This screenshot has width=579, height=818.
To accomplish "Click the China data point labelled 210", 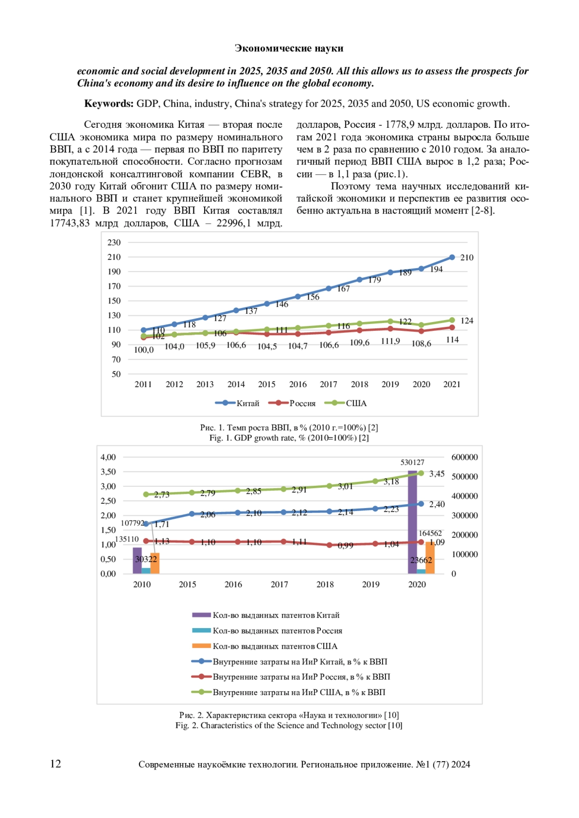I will tap(452, 257).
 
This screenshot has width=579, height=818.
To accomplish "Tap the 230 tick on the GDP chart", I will tap(114, 242).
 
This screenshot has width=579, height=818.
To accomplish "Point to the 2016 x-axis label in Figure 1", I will tap(298, 384).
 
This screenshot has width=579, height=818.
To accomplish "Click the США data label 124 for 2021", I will tap(467, 321).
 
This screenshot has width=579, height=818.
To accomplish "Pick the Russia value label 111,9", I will tap(390, 341).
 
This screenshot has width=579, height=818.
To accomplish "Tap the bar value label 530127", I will tap(413, 462).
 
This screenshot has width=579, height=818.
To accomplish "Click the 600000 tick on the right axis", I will tap(465, 457).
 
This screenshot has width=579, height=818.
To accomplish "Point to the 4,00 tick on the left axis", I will tap(108, 457).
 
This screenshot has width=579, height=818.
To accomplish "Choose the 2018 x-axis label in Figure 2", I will tap(325, 585).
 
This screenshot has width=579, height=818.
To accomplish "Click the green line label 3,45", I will tap(437, 474).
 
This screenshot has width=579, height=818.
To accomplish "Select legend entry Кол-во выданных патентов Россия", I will tap(277, 631).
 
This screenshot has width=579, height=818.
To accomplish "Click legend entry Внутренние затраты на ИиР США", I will tap(299, 693).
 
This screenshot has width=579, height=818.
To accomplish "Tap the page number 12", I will tap(55, 764).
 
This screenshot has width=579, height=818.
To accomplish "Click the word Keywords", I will tap(109, 104).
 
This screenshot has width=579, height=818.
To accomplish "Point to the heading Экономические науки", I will tap(289, 48).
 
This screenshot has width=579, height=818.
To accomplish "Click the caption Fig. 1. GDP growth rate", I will tap(289, 438).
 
